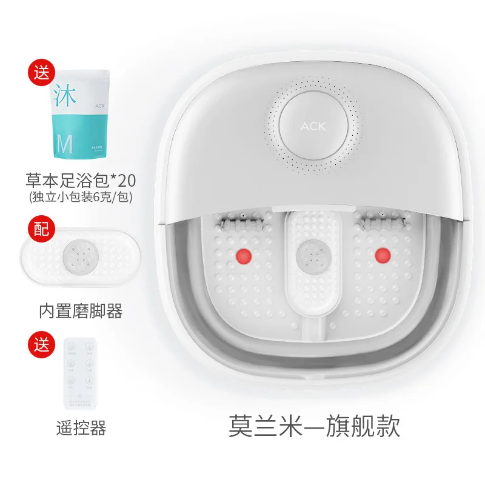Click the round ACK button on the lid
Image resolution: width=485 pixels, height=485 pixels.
click(313, 126)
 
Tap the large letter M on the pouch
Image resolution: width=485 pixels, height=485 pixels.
click(64, 144)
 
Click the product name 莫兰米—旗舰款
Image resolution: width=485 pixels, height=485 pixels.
click(314, 425)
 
